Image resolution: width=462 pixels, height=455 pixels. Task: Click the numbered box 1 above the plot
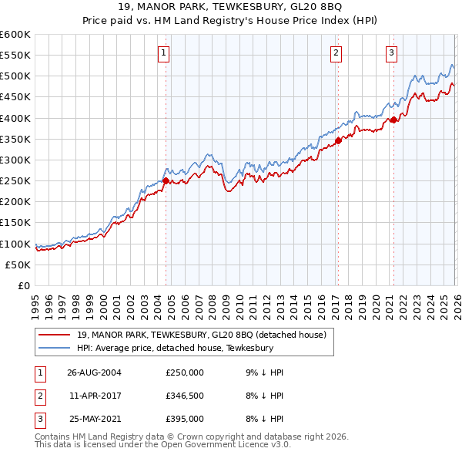tap(165, 53)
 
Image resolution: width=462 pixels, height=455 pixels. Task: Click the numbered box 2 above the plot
tap(336, 53)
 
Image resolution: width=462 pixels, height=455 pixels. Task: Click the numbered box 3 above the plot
tap(391, 53)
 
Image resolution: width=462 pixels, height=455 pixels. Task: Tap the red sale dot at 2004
tap(166, 180)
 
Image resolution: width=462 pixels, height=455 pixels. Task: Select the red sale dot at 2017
tap(337, 140)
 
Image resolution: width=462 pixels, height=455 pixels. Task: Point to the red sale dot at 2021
tap(393, 120)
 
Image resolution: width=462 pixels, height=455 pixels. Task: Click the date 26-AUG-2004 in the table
tap(94, 372)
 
